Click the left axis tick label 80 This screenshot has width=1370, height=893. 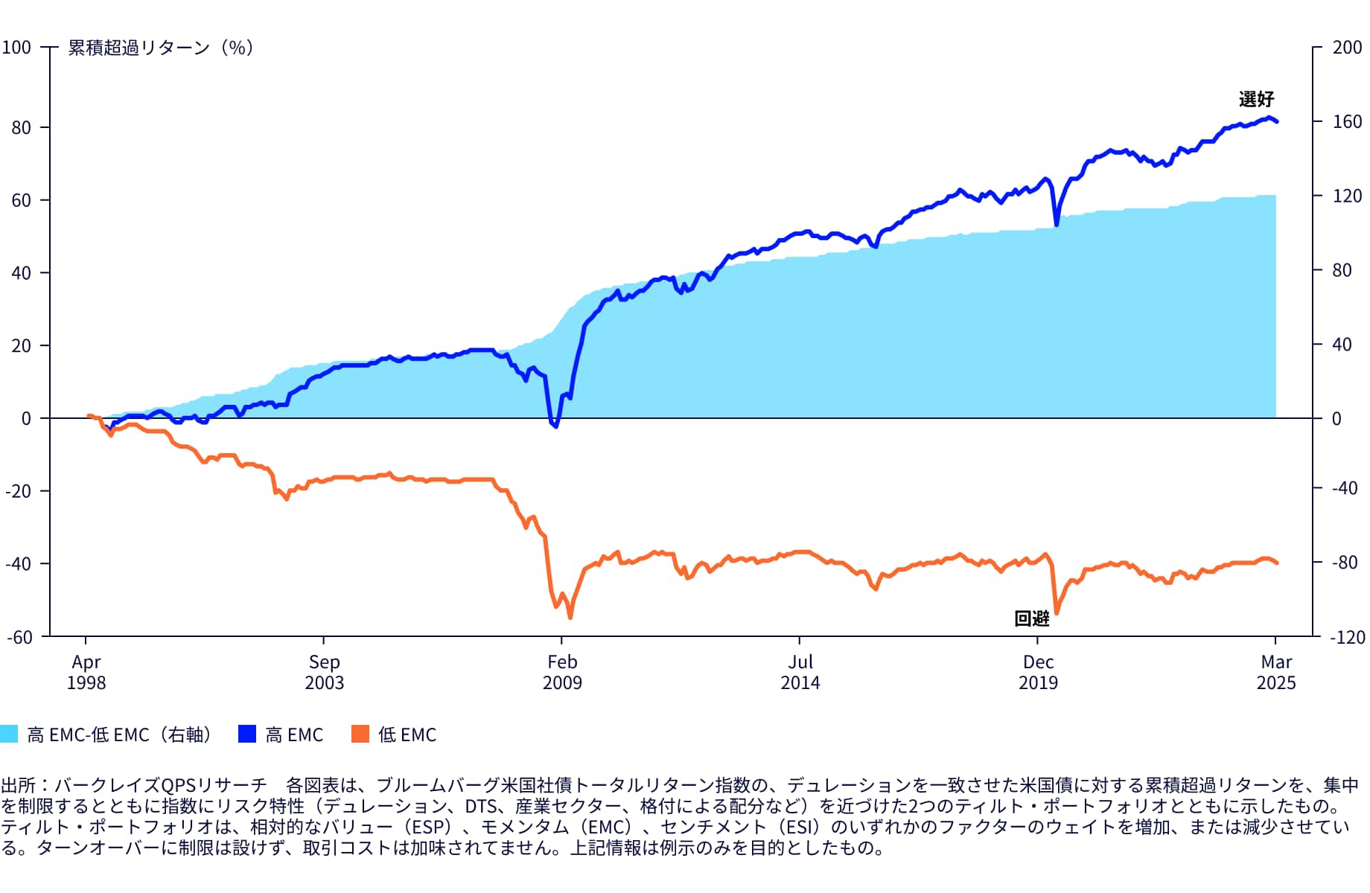click(21, 127)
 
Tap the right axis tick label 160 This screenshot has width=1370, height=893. click(1347, 121)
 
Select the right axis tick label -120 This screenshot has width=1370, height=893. click(1348, 637)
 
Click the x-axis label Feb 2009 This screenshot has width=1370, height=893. click(562, 672)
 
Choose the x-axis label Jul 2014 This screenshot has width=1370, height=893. click(800, 672)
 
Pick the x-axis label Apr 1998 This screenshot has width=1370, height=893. click(86, 672)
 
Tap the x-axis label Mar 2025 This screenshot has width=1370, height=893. click(1276, 672)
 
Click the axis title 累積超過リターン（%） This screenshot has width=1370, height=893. click(161, 48)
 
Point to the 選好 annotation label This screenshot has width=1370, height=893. click(1256, 99)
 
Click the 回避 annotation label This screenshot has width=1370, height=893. click(1032, 618)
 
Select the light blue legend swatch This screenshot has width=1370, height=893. click(9, 734)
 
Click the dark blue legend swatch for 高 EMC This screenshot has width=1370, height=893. click(247, 734)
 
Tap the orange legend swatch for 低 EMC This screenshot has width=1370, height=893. click(360, 734)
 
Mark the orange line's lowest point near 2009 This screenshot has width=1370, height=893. click(570, 617)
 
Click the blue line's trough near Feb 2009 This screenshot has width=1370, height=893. click(555, 426)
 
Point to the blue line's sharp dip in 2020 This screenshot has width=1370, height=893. click(1056, 224)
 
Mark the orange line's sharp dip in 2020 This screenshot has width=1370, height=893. click(1056, 613)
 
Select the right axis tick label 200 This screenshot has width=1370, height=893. click(1347, 48)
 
